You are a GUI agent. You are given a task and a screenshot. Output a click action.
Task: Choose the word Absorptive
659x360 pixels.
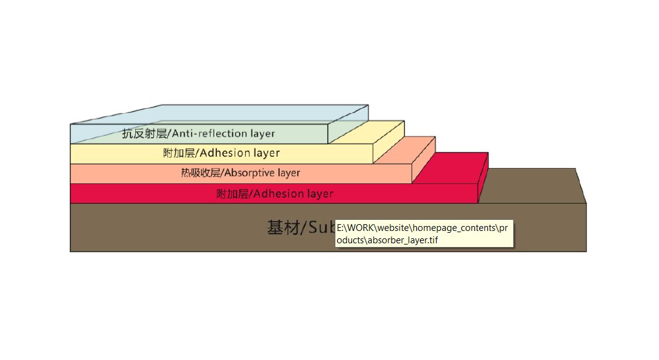tap(249, 173)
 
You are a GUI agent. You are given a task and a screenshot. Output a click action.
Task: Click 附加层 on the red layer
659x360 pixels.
tap(232, 194)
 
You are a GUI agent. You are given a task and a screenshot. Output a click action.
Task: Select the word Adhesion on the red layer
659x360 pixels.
tap(277, 194)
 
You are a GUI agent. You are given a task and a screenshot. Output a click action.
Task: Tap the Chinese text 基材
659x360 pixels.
tap(282, 228)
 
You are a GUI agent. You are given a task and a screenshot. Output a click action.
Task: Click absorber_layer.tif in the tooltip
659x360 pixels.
tap(402, 240)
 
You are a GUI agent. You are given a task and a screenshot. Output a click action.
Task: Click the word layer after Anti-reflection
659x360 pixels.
tap(263, 133)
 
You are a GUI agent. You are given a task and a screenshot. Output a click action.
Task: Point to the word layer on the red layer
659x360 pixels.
tap(320, 194)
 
